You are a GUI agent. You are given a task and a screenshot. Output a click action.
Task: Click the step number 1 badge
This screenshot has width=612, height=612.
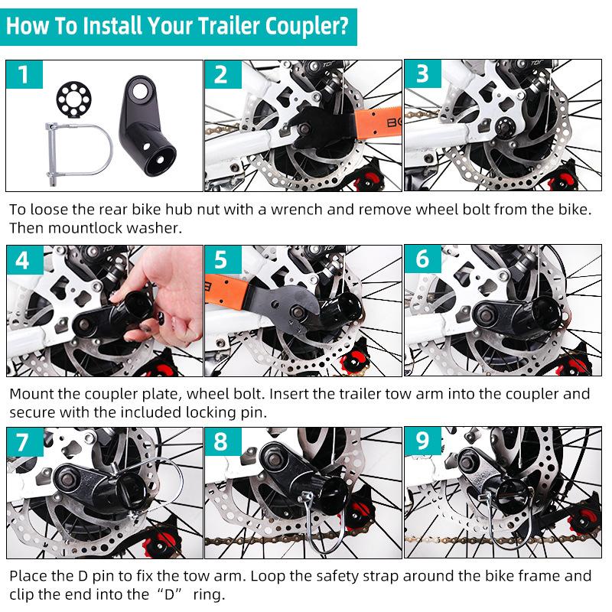click(24, 74)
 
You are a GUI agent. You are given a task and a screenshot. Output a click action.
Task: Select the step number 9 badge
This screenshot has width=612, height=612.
click(423, 441)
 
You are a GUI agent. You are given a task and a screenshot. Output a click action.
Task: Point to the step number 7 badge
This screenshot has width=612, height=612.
click(24, 441)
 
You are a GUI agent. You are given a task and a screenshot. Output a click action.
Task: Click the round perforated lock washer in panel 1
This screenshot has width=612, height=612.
click(73, 99)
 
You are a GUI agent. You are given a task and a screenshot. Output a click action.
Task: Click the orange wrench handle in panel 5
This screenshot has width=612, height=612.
click(226, 290)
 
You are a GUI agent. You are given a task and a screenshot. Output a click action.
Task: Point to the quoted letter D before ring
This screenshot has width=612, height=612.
click(169, 595)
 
